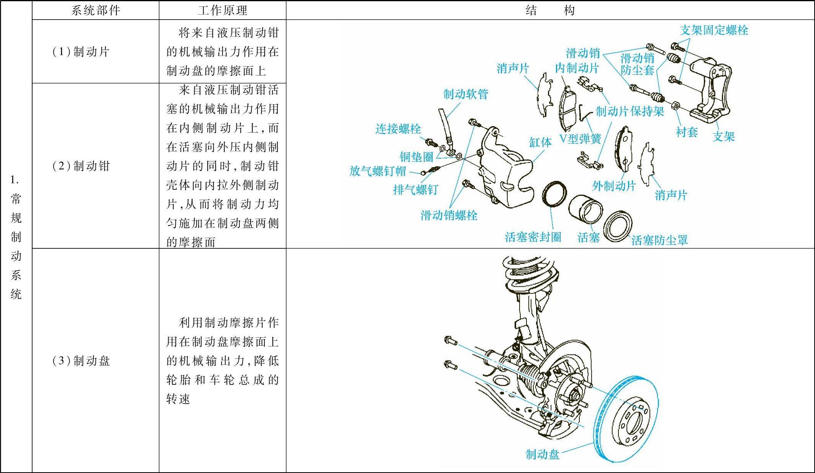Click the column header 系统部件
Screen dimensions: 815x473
pos(95,10)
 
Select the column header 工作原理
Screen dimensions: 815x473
pos(222,10)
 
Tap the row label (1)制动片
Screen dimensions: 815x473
pos(81,51)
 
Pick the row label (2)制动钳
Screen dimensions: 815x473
pos(81,166)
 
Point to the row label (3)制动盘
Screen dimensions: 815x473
pos(81,361)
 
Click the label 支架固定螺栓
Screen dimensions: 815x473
pos(714,30)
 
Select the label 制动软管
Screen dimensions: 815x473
pos(466,94)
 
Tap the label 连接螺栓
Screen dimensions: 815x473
pos(398,129)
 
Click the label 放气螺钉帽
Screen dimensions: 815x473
pos(377,171)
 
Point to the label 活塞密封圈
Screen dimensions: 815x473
pos(533,237)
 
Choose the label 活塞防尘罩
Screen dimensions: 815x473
pos(659,240)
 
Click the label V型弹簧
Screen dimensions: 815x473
pos(581,139)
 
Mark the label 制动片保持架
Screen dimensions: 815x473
pos(630,112)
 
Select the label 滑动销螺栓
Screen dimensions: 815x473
pos(449,215)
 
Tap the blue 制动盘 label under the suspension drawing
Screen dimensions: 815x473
pos(542,455)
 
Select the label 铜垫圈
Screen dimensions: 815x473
pos(416,157)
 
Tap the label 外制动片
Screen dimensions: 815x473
pos(614,186)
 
